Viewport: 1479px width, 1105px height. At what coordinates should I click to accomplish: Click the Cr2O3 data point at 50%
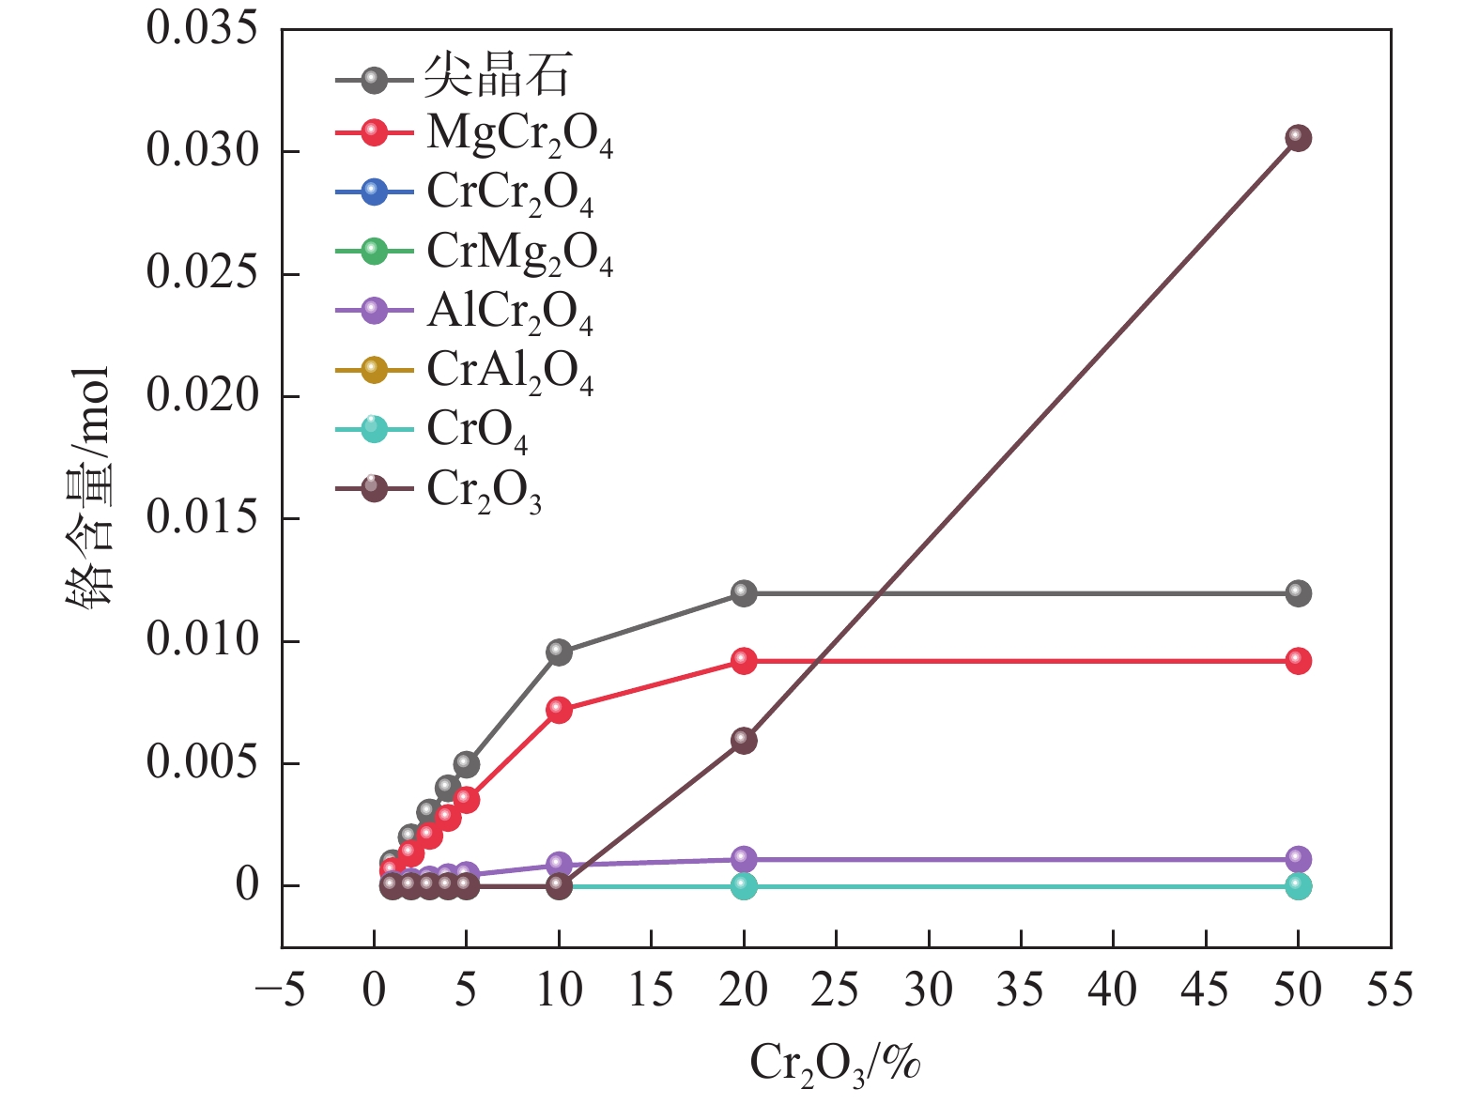(x=1298, y=138)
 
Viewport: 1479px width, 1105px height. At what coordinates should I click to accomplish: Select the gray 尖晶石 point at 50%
(x=1298, y=593)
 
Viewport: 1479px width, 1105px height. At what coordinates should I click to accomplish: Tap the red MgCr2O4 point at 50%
(x=1298, y=661)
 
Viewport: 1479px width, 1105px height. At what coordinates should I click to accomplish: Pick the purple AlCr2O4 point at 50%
(x=1298, y=859)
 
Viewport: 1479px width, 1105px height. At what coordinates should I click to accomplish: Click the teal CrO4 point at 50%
(x=1298, y=886)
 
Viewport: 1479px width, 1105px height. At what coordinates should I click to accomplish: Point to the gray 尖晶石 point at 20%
(x=744, y=593)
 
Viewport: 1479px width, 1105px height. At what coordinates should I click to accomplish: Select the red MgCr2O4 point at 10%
(x=559, y=710)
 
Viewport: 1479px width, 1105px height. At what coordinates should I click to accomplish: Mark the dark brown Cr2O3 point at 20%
(x=744, y=740)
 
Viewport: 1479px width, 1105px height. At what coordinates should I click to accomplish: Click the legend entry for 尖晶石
(x=497, y=76)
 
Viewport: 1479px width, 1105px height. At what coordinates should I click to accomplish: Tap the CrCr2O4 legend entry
(x=510, y=194)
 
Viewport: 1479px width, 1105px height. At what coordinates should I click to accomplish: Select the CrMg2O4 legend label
(x=519, y=253)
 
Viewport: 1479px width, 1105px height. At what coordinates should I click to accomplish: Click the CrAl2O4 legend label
(x=510, y=372)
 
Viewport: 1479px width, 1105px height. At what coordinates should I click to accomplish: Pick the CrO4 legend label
(x=477, y=431)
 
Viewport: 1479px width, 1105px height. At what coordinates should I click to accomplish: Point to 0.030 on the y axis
(x=201, y=151)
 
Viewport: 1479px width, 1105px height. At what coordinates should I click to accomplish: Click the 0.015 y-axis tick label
(x=201, y=518)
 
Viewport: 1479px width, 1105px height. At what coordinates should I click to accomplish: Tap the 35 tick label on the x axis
(x=1020, y=990)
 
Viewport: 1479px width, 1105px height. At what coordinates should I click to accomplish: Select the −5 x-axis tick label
(x=280, y=990)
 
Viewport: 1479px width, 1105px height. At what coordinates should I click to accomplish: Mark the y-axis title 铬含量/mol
(x=89, y=488)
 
